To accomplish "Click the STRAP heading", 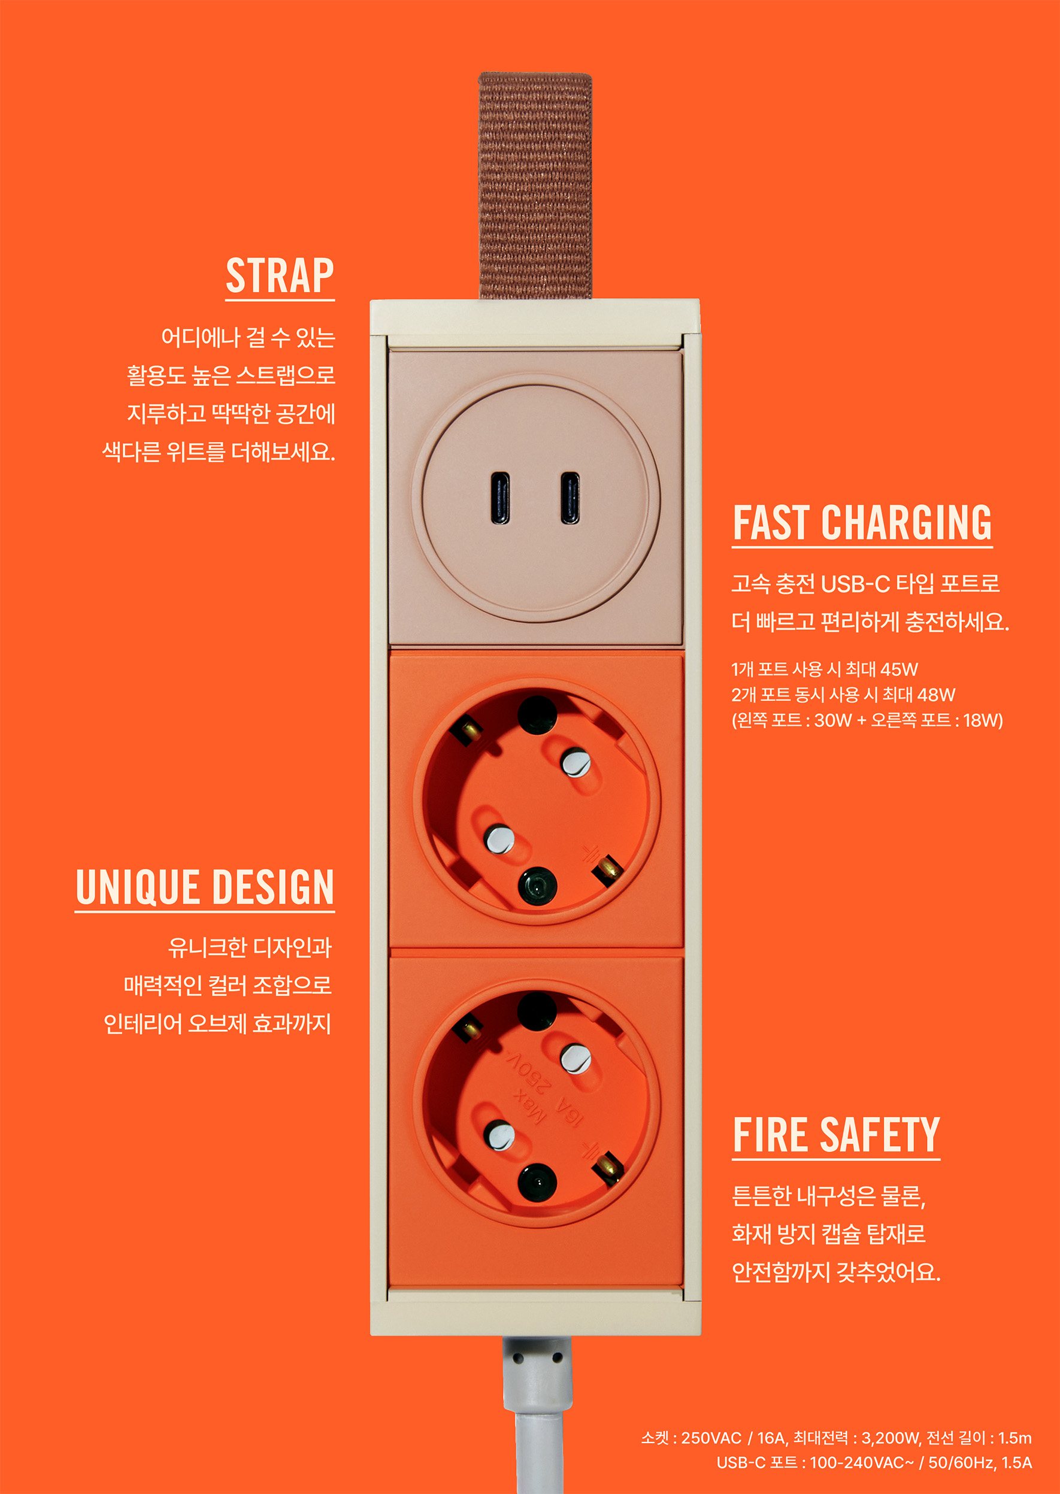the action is (x=280, y=275).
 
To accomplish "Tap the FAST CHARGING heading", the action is (x=862, y=523).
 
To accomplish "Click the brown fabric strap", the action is (x=535, y=186).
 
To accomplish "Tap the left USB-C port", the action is (x=501, y=498).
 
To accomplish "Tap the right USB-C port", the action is (x=570, y=498).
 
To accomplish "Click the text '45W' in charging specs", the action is (x=899, y=669).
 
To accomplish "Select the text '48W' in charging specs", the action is (x=936, y=695).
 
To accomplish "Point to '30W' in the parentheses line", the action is (x=833, y=720).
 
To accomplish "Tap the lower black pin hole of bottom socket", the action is (x=537, y=1183).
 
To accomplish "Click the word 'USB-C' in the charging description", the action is (x=855, y=583).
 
